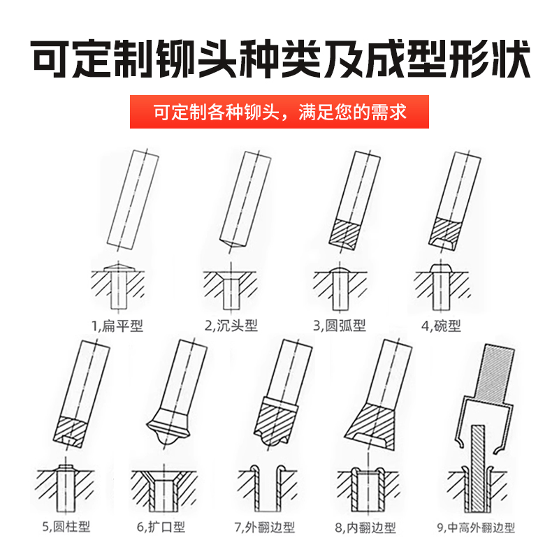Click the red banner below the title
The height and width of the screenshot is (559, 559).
pyautogui.click(x=279, y=112)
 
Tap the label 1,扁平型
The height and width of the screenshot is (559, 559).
pyautogui.click(x=117, y=326)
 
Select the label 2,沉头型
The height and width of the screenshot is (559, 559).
pyautogui.click(x=231, y=326)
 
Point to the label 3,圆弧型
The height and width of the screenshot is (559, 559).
pyautogui.click(x=340, y=326)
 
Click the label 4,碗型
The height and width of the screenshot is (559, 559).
pyautogui.click(x=441, y=326)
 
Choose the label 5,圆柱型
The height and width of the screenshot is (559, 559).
pyautogui.click(x=66, y=526)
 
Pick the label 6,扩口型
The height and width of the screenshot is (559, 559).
pyautogui.click(x=161, y=527)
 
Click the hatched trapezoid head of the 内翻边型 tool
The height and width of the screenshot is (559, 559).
pyautogui.click(x=372, y=426)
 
